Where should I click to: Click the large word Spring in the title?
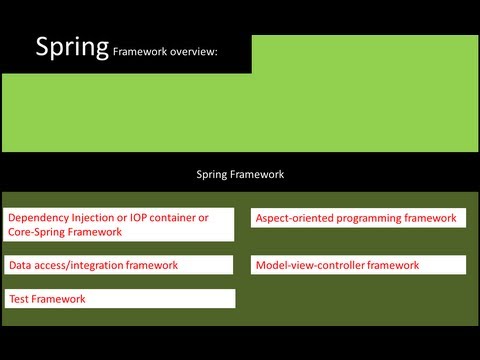coord(72,47)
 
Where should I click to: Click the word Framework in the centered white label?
coord(259,173)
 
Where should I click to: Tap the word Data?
coord(20,265)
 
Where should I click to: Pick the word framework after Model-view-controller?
coord(392,265)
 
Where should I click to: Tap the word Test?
coord(19,298)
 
